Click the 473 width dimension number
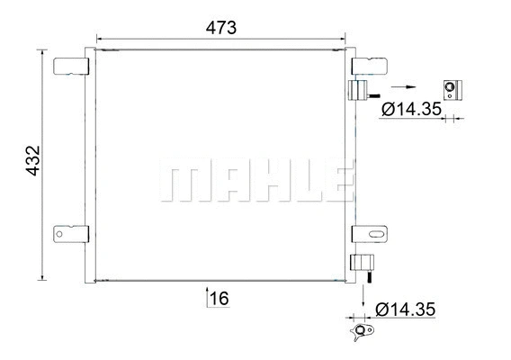coord(220,27)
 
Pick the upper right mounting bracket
coord(368,66)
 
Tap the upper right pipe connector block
coord(357,91)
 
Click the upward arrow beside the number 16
coord(209,298)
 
